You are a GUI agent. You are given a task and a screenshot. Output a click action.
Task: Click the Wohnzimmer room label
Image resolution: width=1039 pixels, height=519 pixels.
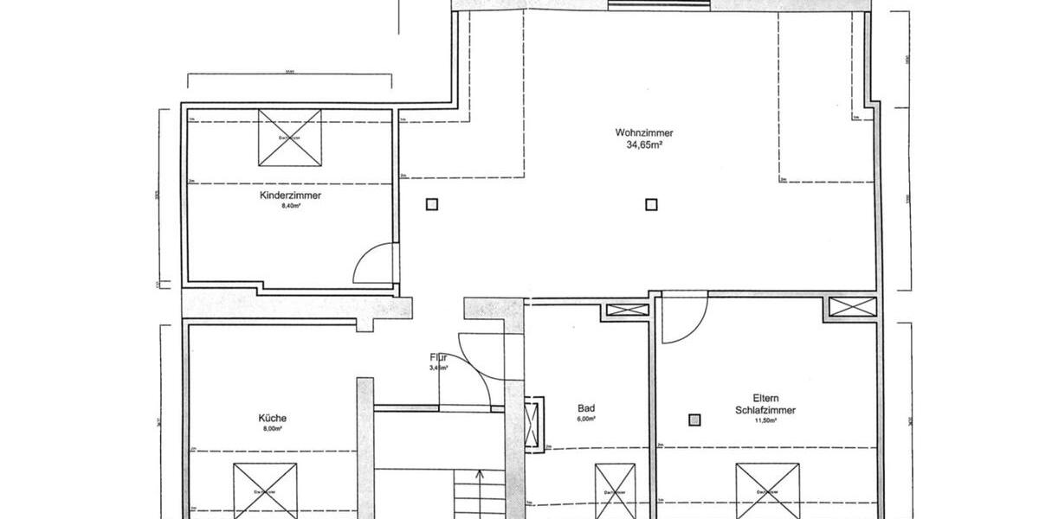pos(644,133)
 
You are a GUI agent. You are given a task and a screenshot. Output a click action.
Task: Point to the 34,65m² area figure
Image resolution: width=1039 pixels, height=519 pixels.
pos(644,145)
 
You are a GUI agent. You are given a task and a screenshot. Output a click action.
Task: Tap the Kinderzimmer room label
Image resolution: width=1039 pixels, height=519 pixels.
pos(291,196)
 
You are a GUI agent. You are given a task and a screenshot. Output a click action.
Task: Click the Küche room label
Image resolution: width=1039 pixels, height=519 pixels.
pos(272,418)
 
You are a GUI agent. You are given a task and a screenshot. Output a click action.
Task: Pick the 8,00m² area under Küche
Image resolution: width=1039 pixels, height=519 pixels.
pos(272,428)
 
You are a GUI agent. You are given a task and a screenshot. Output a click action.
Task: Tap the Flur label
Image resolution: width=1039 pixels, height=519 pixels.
pos(437,356)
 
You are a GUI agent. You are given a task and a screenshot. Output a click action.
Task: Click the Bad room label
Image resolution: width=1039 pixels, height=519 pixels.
pos(586,408)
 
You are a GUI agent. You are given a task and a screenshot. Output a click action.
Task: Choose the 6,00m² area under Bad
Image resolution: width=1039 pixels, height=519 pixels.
pos(586,420)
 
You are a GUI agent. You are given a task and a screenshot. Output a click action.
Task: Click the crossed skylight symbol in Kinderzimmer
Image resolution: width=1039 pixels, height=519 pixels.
pos(289,138)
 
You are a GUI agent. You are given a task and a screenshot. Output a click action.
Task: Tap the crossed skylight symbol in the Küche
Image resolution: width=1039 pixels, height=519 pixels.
pos(265,490)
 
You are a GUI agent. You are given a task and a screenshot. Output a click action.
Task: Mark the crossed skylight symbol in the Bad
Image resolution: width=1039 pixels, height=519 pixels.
pos(615,490)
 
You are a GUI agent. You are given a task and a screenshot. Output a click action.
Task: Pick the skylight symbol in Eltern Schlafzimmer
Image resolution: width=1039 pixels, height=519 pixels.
pos(768,490)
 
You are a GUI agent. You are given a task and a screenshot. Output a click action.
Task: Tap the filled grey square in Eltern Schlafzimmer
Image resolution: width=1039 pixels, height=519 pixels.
pos(694,420)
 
